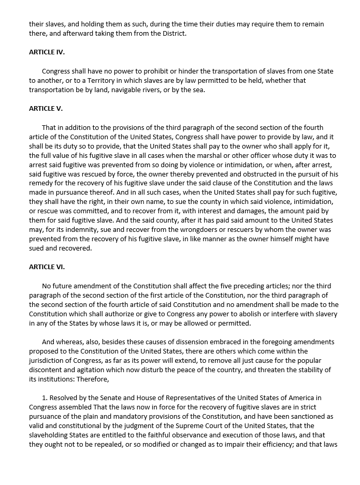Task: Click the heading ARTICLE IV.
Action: click(x=47, y=52)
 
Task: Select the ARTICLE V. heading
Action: click(x=46, y=109)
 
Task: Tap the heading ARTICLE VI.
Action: click(x=47, y=267)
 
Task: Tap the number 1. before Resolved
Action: click(x=45, y=398)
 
